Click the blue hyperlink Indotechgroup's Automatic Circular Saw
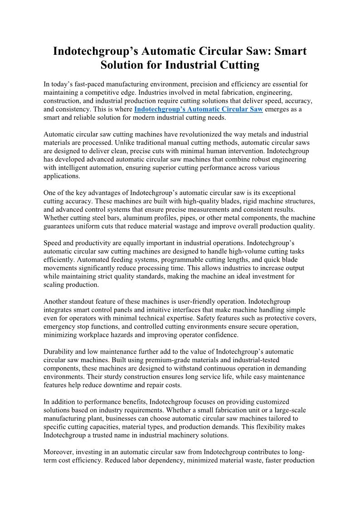199,109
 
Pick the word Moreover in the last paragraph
58,452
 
